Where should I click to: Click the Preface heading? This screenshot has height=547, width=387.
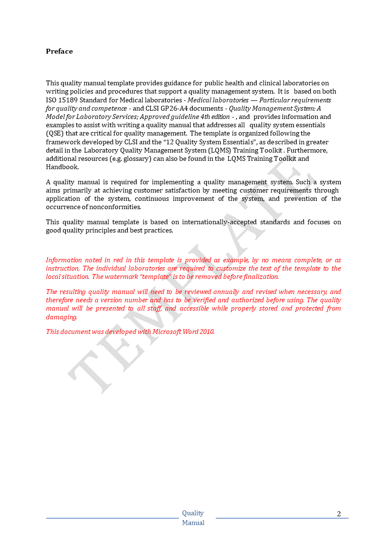[59, 51]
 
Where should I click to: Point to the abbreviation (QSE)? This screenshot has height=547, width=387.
[55, 133]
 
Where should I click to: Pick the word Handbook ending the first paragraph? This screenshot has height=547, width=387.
[62, 167]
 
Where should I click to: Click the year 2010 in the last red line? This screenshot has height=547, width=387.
[206, 332]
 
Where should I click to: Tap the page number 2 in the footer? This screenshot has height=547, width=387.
[339, 513]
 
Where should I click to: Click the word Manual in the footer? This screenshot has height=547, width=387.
[193, 523]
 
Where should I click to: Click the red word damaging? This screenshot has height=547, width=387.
[61, 316]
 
